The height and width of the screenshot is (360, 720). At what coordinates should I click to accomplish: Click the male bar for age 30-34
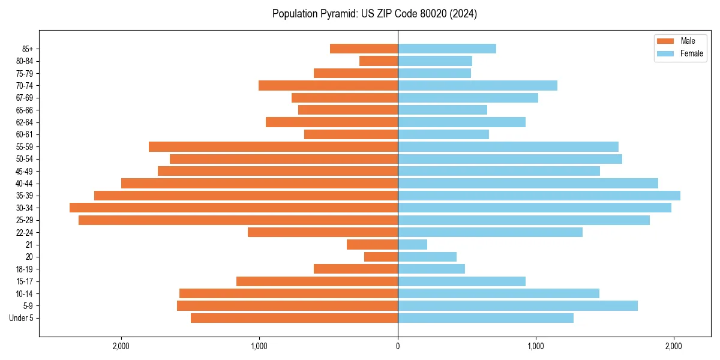click(234, 208)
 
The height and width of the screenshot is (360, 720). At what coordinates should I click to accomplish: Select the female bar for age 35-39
click(539, 196)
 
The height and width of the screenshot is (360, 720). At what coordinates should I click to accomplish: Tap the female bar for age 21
click(412, 244)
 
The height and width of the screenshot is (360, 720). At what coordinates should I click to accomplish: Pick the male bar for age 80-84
click(379, 61)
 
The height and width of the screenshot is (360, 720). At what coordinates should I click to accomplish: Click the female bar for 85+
click(446, 49)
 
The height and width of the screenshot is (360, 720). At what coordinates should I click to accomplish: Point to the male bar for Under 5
click(294, 318)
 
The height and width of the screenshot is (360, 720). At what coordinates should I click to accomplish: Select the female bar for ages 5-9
click(517, 305)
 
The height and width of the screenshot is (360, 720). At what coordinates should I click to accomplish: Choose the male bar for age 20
click(381, 257)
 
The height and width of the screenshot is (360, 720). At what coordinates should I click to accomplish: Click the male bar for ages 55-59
click(273, 146)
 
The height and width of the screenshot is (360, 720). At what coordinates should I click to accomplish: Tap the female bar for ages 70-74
click(477, 85)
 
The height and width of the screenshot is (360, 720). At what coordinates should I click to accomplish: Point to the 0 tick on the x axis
click(398, 346)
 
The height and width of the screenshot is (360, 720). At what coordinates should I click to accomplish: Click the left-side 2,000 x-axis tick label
click(121, 346)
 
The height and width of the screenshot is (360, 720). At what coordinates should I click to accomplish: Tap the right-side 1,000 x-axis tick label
click(535, 346)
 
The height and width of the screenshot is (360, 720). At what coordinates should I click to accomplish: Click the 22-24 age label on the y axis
click(25, 232)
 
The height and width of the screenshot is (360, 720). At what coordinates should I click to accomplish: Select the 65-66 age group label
click(25, 110)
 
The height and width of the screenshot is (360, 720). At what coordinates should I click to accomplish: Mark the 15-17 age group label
click(25, 281)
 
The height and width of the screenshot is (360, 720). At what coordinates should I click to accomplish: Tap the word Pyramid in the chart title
click(335, 14)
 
